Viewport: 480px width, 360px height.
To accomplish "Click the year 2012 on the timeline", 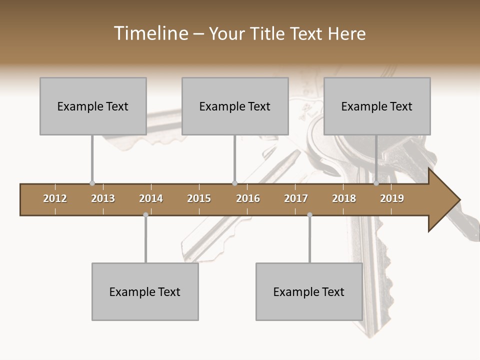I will [55, 198].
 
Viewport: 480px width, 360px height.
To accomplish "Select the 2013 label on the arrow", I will [103, 198].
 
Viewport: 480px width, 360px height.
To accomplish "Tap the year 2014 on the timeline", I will [151, 198].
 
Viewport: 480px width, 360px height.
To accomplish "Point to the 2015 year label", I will [199, 198].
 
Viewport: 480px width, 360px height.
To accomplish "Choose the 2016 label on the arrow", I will [248, 198].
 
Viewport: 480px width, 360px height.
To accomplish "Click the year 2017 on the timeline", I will [296, 198].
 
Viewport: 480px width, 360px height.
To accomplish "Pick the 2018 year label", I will [344, 198].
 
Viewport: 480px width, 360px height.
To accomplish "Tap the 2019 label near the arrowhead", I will [392, 198].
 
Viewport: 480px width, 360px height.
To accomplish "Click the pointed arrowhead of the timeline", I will [445, 200].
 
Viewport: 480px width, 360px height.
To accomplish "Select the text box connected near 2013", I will [93, 106].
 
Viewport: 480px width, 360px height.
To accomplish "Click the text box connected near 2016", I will [235, 106].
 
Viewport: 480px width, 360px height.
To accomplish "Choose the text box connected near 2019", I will [377, 106].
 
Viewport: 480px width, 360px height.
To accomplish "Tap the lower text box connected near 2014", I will [145, 291].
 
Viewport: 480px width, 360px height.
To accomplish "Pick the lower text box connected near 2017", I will [309, 291].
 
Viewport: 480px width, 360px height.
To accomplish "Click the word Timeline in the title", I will [150, 33].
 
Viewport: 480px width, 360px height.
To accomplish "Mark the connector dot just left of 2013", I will [92, 183].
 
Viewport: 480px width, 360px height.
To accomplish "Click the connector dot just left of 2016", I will [234, 183].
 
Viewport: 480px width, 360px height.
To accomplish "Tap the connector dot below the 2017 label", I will [309, 214].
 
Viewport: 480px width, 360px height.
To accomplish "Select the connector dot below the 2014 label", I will [145, 214].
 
